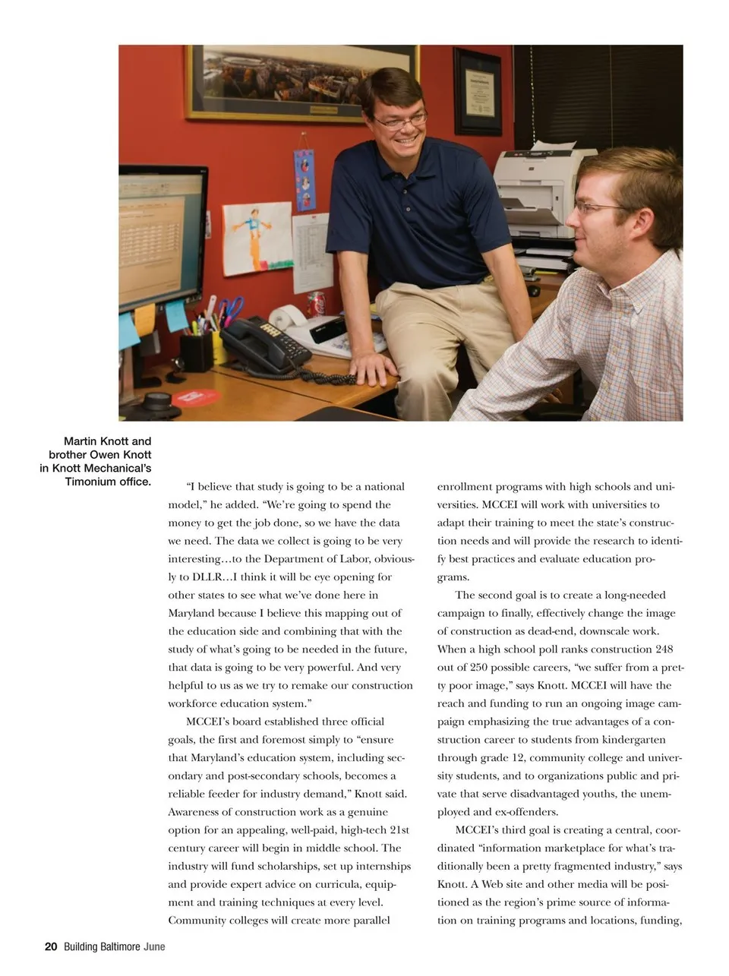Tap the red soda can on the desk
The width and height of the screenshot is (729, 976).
coord(316,304)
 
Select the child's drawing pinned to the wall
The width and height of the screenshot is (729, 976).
coord(257,238)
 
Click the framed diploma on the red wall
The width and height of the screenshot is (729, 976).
coord(478,91)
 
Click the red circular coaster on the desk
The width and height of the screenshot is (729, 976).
coord(196,397)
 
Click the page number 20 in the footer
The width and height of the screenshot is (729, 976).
coord(51,946)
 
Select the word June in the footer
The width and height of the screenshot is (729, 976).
coord(154,946)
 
